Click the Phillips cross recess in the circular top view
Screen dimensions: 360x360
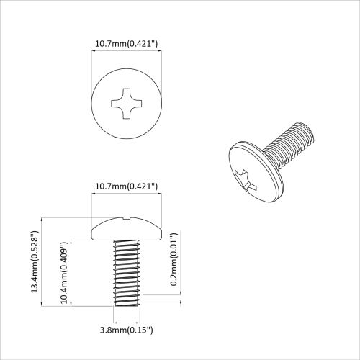127,104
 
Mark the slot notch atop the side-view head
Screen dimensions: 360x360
127,217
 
